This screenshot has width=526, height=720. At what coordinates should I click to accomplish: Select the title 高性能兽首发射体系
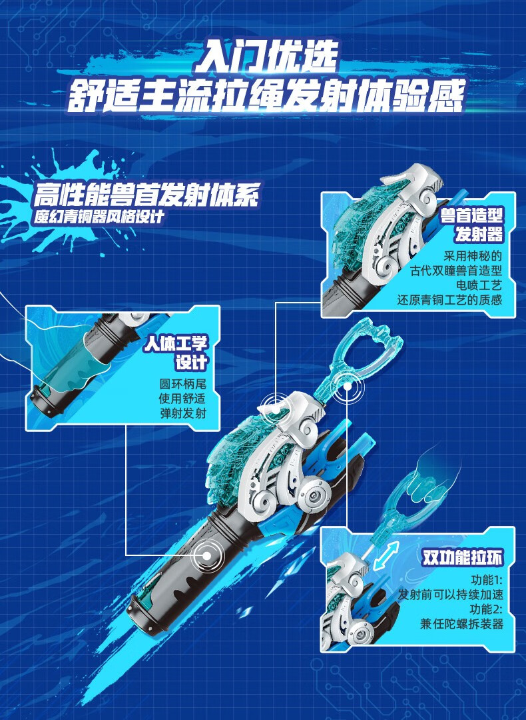pos(146,196)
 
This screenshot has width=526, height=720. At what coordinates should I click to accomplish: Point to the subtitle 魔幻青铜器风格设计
pos(101,217)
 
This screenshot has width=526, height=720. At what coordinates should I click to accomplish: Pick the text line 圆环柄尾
pos(182,384)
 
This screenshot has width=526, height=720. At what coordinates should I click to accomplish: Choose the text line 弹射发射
pos(182,413)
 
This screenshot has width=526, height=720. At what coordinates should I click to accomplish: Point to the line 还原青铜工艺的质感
pos(449,300)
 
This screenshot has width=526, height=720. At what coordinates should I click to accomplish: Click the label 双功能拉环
pos(461,557)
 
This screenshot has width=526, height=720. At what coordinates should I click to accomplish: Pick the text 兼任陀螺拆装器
pos(461,624)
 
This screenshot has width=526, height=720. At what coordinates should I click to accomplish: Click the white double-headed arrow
pos(386,555)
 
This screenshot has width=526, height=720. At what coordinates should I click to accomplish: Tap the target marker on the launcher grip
pos(206,555)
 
